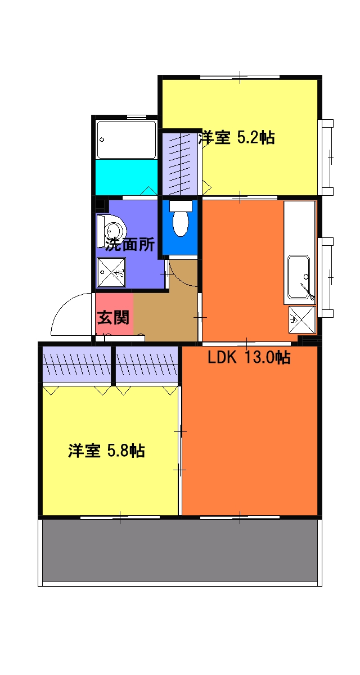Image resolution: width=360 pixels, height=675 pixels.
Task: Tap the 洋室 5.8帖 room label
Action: click(107, 451)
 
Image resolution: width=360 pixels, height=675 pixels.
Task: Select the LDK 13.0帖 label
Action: click(249, 358)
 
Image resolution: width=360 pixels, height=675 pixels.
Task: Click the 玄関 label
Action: click(114, 318)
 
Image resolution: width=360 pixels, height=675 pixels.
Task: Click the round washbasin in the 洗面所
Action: click(114, 231)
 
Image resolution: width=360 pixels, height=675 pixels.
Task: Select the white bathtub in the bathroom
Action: click(126, 139)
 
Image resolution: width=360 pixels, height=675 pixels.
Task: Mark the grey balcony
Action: click(180, 550)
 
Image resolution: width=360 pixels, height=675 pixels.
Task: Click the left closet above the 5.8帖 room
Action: click(77, 364)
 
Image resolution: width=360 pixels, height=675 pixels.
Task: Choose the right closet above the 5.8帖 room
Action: click(147, 364)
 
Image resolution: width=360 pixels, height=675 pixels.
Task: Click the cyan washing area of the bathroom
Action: click(126, 177)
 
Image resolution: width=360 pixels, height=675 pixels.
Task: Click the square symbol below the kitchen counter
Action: click(301, 319)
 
